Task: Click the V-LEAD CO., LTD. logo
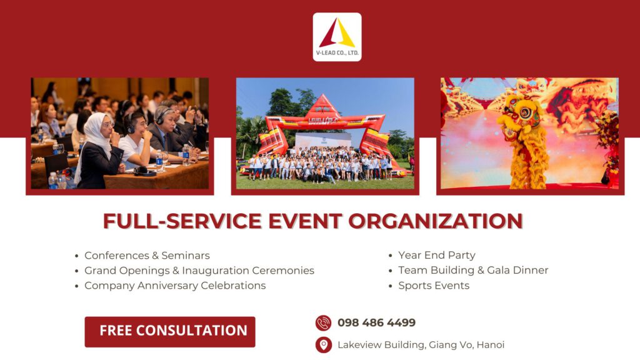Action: tap(337, 37)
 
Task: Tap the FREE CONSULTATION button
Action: tap(170, 331)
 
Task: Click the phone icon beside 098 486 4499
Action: tap(323, 323)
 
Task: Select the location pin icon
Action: tap(323, 345)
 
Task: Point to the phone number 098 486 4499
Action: tap(376, 323)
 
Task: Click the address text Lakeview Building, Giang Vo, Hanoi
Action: tap(421, 345)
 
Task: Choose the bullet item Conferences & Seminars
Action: tap(147, 256)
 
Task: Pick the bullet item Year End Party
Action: tap(436, 256)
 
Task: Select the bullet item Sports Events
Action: tap(434, 286)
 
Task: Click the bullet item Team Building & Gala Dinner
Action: tap(473, 271)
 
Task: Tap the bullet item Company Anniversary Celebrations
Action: tap(175, 286)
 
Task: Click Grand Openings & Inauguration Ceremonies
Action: tap(199, 271)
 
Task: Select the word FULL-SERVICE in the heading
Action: tap(173, 221)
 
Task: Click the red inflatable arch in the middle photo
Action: tap(324, 116)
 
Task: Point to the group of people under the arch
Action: tap(322, 167)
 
